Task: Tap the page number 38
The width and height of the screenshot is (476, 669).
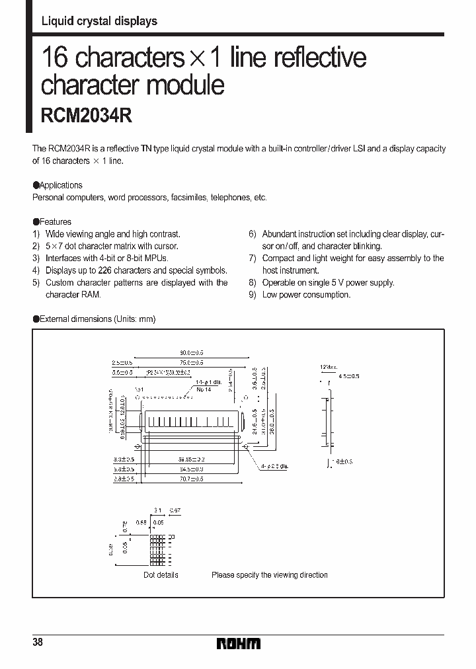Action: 37,643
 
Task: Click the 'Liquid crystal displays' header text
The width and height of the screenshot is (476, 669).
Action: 99,21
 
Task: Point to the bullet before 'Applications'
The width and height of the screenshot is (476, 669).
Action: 36,186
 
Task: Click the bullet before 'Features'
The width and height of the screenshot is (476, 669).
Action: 36,222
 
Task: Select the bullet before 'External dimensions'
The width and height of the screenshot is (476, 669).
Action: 36,319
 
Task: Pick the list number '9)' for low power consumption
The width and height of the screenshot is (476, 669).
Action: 253,295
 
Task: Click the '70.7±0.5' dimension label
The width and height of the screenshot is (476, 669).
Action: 191,477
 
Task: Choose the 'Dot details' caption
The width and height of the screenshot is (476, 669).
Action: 161,575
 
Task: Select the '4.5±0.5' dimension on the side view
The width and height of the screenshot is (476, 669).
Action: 348,377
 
